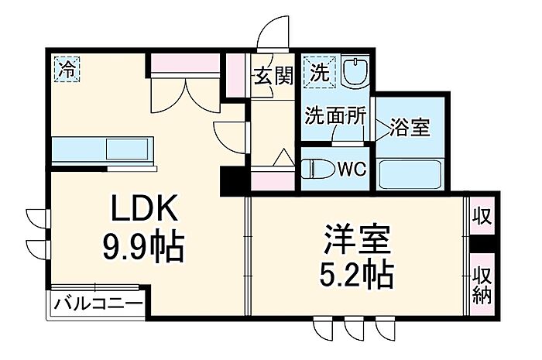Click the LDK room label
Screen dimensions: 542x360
point(144,208)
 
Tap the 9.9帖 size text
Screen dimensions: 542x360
point(142,246)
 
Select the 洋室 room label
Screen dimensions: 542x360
point(357,240)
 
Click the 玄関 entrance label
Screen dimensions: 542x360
point(273,76)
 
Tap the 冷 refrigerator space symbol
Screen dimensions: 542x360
point(67,69)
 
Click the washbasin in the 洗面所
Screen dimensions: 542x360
point(355,73)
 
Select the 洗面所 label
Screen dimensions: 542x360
point(335,115)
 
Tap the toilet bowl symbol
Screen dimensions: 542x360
point(317,169)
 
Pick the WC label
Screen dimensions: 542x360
point(352,170)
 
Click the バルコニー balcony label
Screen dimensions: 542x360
point(98,305)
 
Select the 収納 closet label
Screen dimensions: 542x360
point(482,286)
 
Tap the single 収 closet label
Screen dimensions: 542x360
point(482,216)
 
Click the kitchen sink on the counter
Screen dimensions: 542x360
point(128,149)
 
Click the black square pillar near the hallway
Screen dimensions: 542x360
point(232,181)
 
